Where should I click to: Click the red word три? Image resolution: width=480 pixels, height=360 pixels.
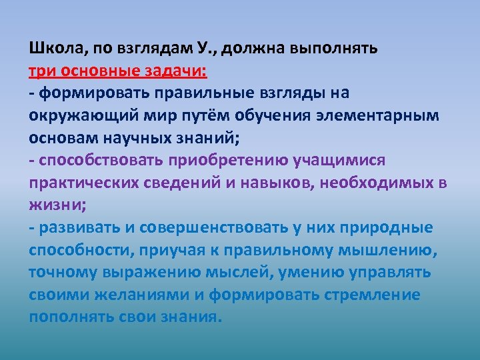pyautogui.click(x=43, y=71)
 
